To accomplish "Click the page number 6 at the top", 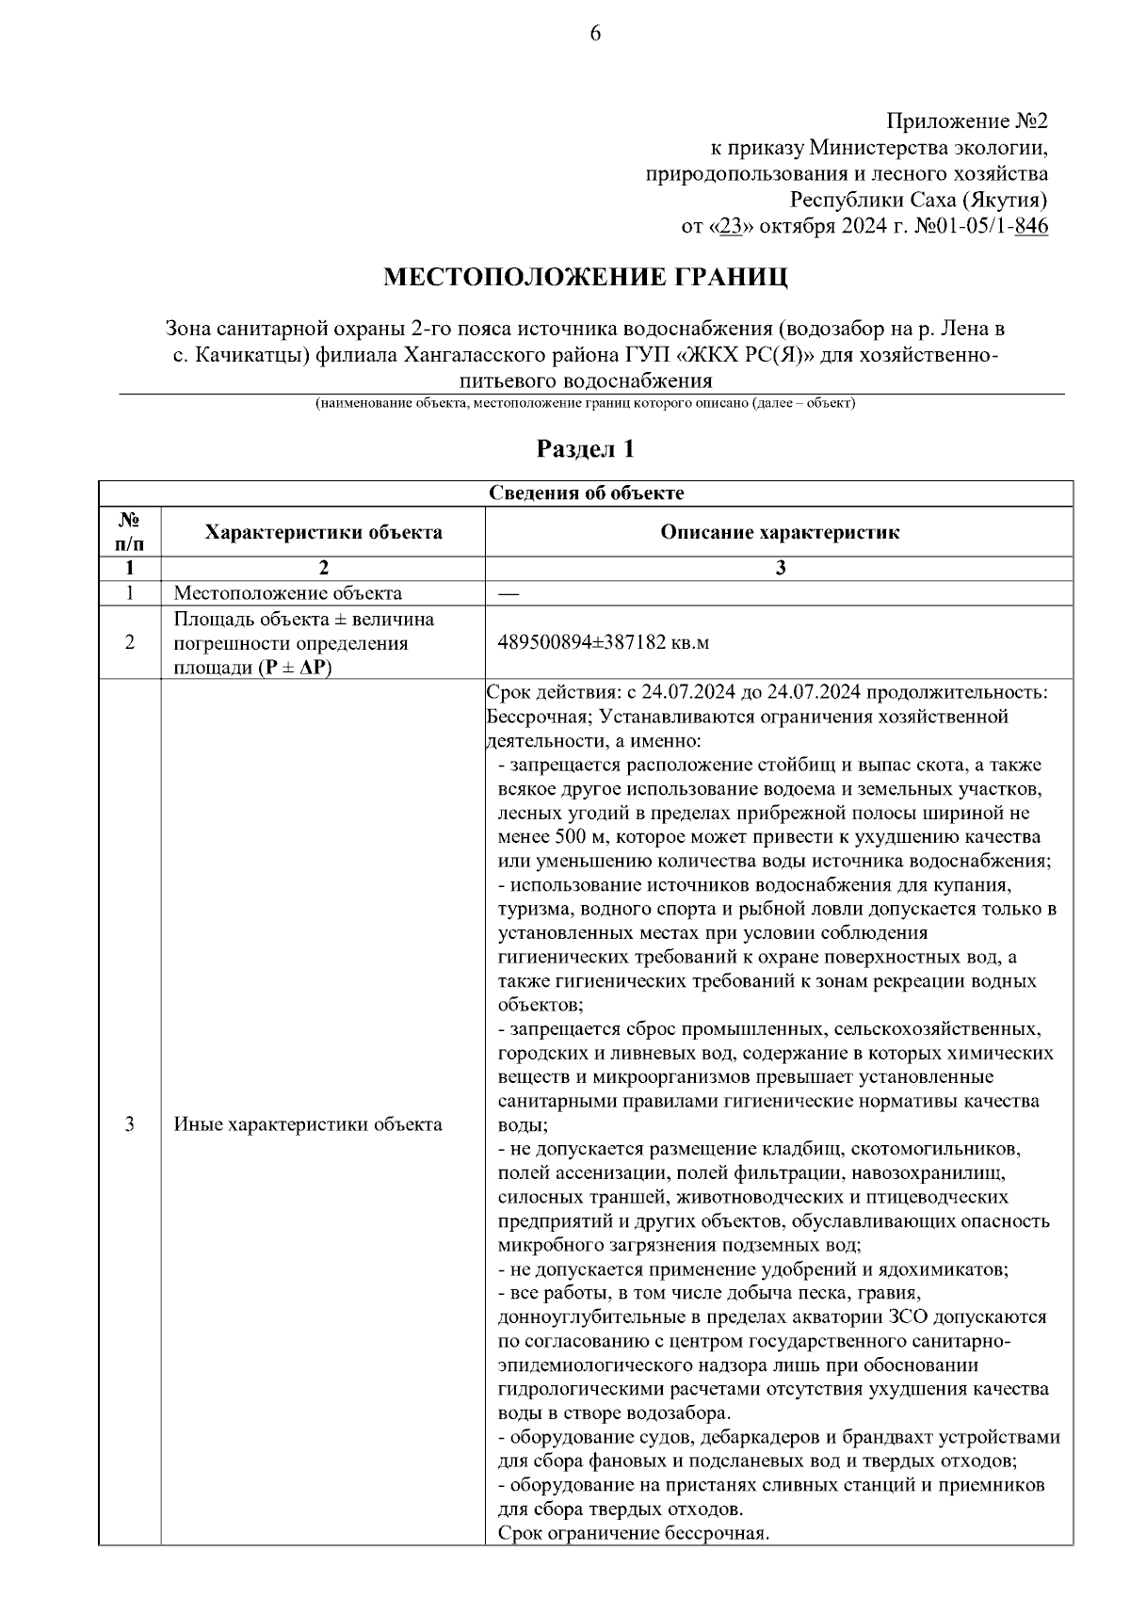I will (x=594, y=34).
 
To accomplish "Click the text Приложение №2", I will (x=967, y=121).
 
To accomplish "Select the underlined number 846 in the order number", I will (x=1032, y=226).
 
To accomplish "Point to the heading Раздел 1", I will (x=585, y=448).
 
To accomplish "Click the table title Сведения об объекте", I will (x=586, y=493).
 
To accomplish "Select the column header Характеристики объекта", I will (x=323, y=532).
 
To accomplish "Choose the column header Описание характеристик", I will (x=779, y=532).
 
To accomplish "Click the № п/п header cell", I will (x=129, y=532).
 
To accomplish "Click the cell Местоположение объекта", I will (x=287, y=593).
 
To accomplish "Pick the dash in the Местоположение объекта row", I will (x=508, y=593).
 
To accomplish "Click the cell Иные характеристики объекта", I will (x=307, y=1124).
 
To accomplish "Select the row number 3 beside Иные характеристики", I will (x=129, y=1124).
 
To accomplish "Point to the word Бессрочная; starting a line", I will (x=533, y=717).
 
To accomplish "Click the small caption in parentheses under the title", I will (x=585, y=403).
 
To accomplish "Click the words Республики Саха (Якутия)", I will (x=918, y=200).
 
